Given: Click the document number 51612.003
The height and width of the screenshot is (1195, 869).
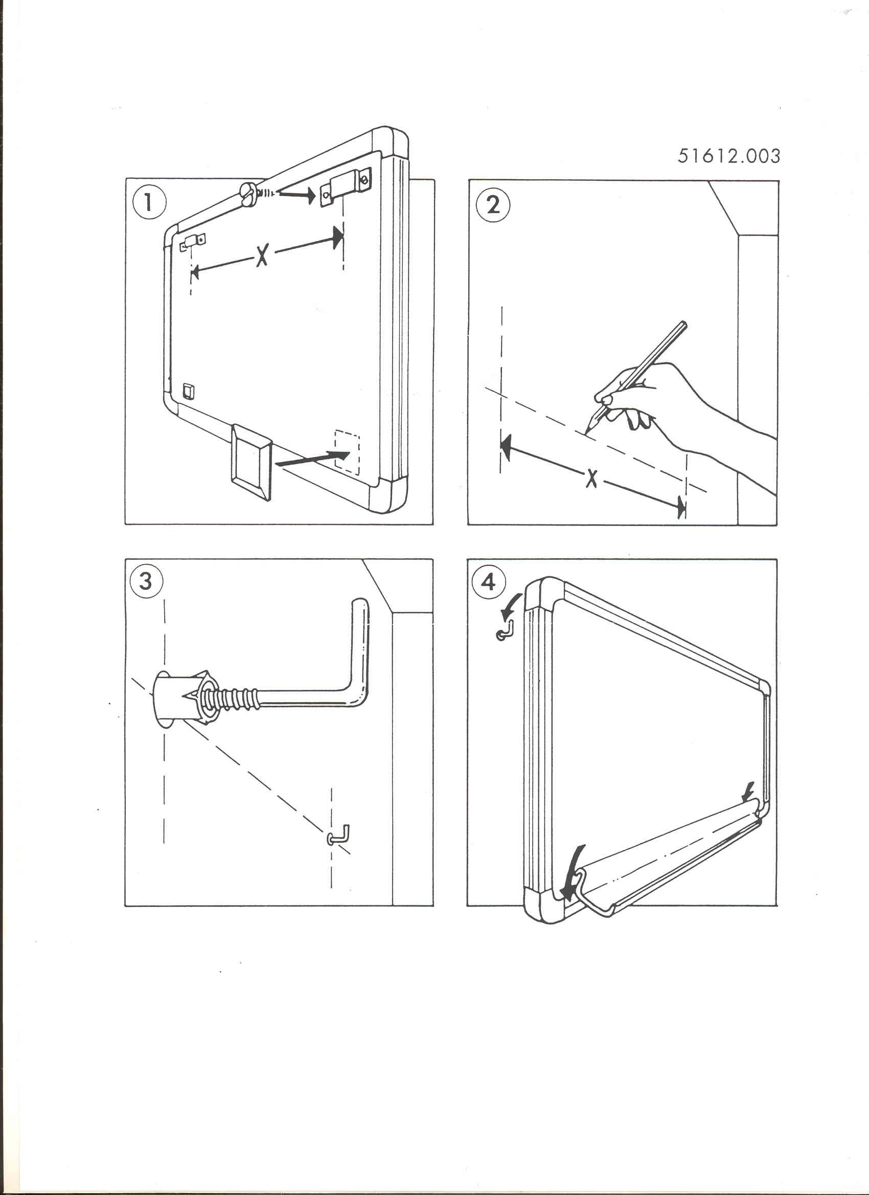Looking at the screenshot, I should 728,155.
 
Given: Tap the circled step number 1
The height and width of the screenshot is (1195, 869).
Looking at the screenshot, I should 149,202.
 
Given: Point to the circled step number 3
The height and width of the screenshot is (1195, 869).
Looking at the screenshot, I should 146,581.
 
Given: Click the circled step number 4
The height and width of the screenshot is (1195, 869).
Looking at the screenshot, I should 489,582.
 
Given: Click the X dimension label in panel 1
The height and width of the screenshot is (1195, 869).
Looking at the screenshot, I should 262,255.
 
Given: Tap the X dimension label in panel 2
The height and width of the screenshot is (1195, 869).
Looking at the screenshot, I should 592,478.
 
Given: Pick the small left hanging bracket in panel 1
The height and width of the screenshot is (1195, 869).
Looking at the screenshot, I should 193,243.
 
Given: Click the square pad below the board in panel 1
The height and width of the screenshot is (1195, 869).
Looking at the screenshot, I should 251,462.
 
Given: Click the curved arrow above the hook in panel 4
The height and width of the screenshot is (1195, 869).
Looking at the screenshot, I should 511,606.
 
